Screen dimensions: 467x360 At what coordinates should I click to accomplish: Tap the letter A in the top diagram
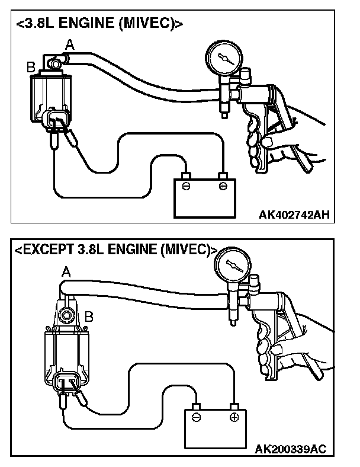[70, 43]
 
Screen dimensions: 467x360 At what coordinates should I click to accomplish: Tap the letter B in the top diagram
[30, 68]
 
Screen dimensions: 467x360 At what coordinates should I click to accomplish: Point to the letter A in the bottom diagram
[66, 271]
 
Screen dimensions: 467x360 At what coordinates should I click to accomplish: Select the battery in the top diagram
[205, 197]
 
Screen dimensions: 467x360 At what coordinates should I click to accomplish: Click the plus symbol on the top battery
[223, 186]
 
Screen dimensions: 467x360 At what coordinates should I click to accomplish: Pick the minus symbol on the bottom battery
[197, 417]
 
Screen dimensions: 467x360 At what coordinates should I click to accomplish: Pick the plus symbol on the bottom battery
[234, 417]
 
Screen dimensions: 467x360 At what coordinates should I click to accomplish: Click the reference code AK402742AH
[294, 215]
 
